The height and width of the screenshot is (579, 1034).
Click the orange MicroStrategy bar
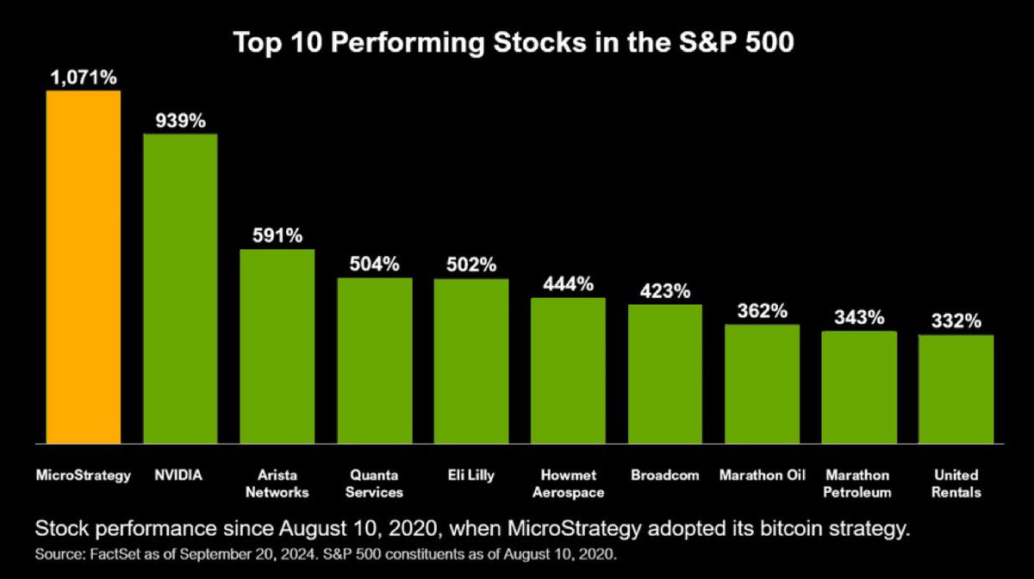tap(84, 266)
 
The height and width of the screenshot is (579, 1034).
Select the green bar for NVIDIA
tap(180, 289)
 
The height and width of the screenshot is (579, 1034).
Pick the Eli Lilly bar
tap(470, 361)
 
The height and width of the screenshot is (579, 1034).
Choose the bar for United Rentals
tap(956, 389)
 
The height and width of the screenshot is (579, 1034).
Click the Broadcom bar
tap(664, 374)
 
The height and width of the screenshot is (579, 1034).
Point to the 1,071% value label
tap(83, 78)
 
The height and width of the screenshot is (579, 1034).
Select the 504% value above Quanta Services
tap(374, 265)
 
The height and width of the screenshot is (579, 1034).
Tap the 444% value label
tap(568, 284)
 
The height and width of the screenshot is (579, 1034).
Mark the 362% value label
tap(762, 311)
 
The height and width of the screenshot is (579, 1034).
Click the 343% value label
tap(859, 318)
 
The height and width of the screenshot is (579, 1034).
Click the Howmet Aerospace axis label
tap(568, 483)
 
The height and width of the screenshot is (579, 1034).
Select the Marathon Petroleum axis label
tap(859, 483)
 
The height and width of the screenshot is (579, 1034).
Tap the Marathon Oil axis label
tap(762, 476)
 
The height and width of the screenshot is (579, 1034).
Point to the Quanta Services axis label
tap(374, 483)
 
